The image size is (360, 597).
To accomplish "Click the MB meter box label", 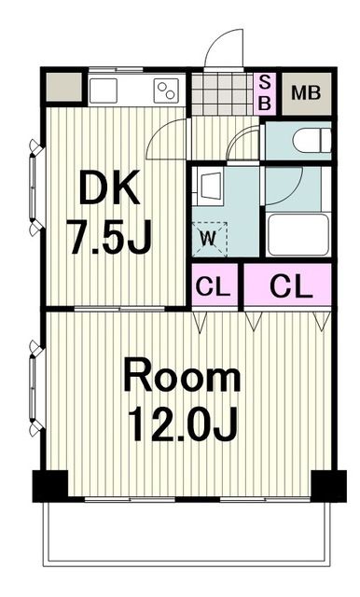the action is tap(306, 93).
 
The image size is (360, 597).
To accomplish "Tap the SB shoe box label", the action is tap(265, 93).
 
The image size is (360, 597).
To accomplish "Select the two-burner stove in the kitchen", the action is tap(166, 90).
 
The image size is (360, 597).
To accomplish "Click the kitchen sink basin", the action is tap(103, 90).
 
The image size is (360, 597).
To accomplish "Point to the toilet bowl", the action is tap(312, 140).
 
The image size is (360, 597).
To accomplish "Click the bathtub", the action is tap(298, 234).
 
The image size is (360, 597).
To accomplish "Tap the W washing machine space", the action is tap(209, 239).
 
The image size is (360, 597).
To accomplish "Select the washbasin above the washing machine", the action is tap(208, 187).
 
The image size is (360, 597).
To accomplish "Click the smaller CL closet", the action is tap(215, 284).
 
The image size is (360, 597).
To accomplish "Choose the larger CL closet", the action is tap(287, 284).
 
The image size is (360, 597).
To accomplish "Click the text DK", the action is tap(109, 187).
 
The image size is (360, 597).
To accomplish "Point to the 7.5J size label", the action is tap(109, 236).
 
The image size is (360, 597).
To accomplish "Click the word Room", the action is tap(182, 374).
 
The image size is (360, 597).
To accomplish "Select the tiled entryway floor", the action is tap(222, 94).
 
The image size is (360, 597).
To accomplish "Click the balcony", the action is tap(187, 533).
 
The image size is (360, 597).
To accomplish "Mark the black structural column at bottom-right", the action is tap(329, 486).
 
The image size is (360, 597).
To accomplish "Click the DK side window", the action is tap(35, 187).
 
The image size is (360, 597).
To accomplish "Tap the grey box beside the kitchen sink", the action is tap(64, 87).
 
